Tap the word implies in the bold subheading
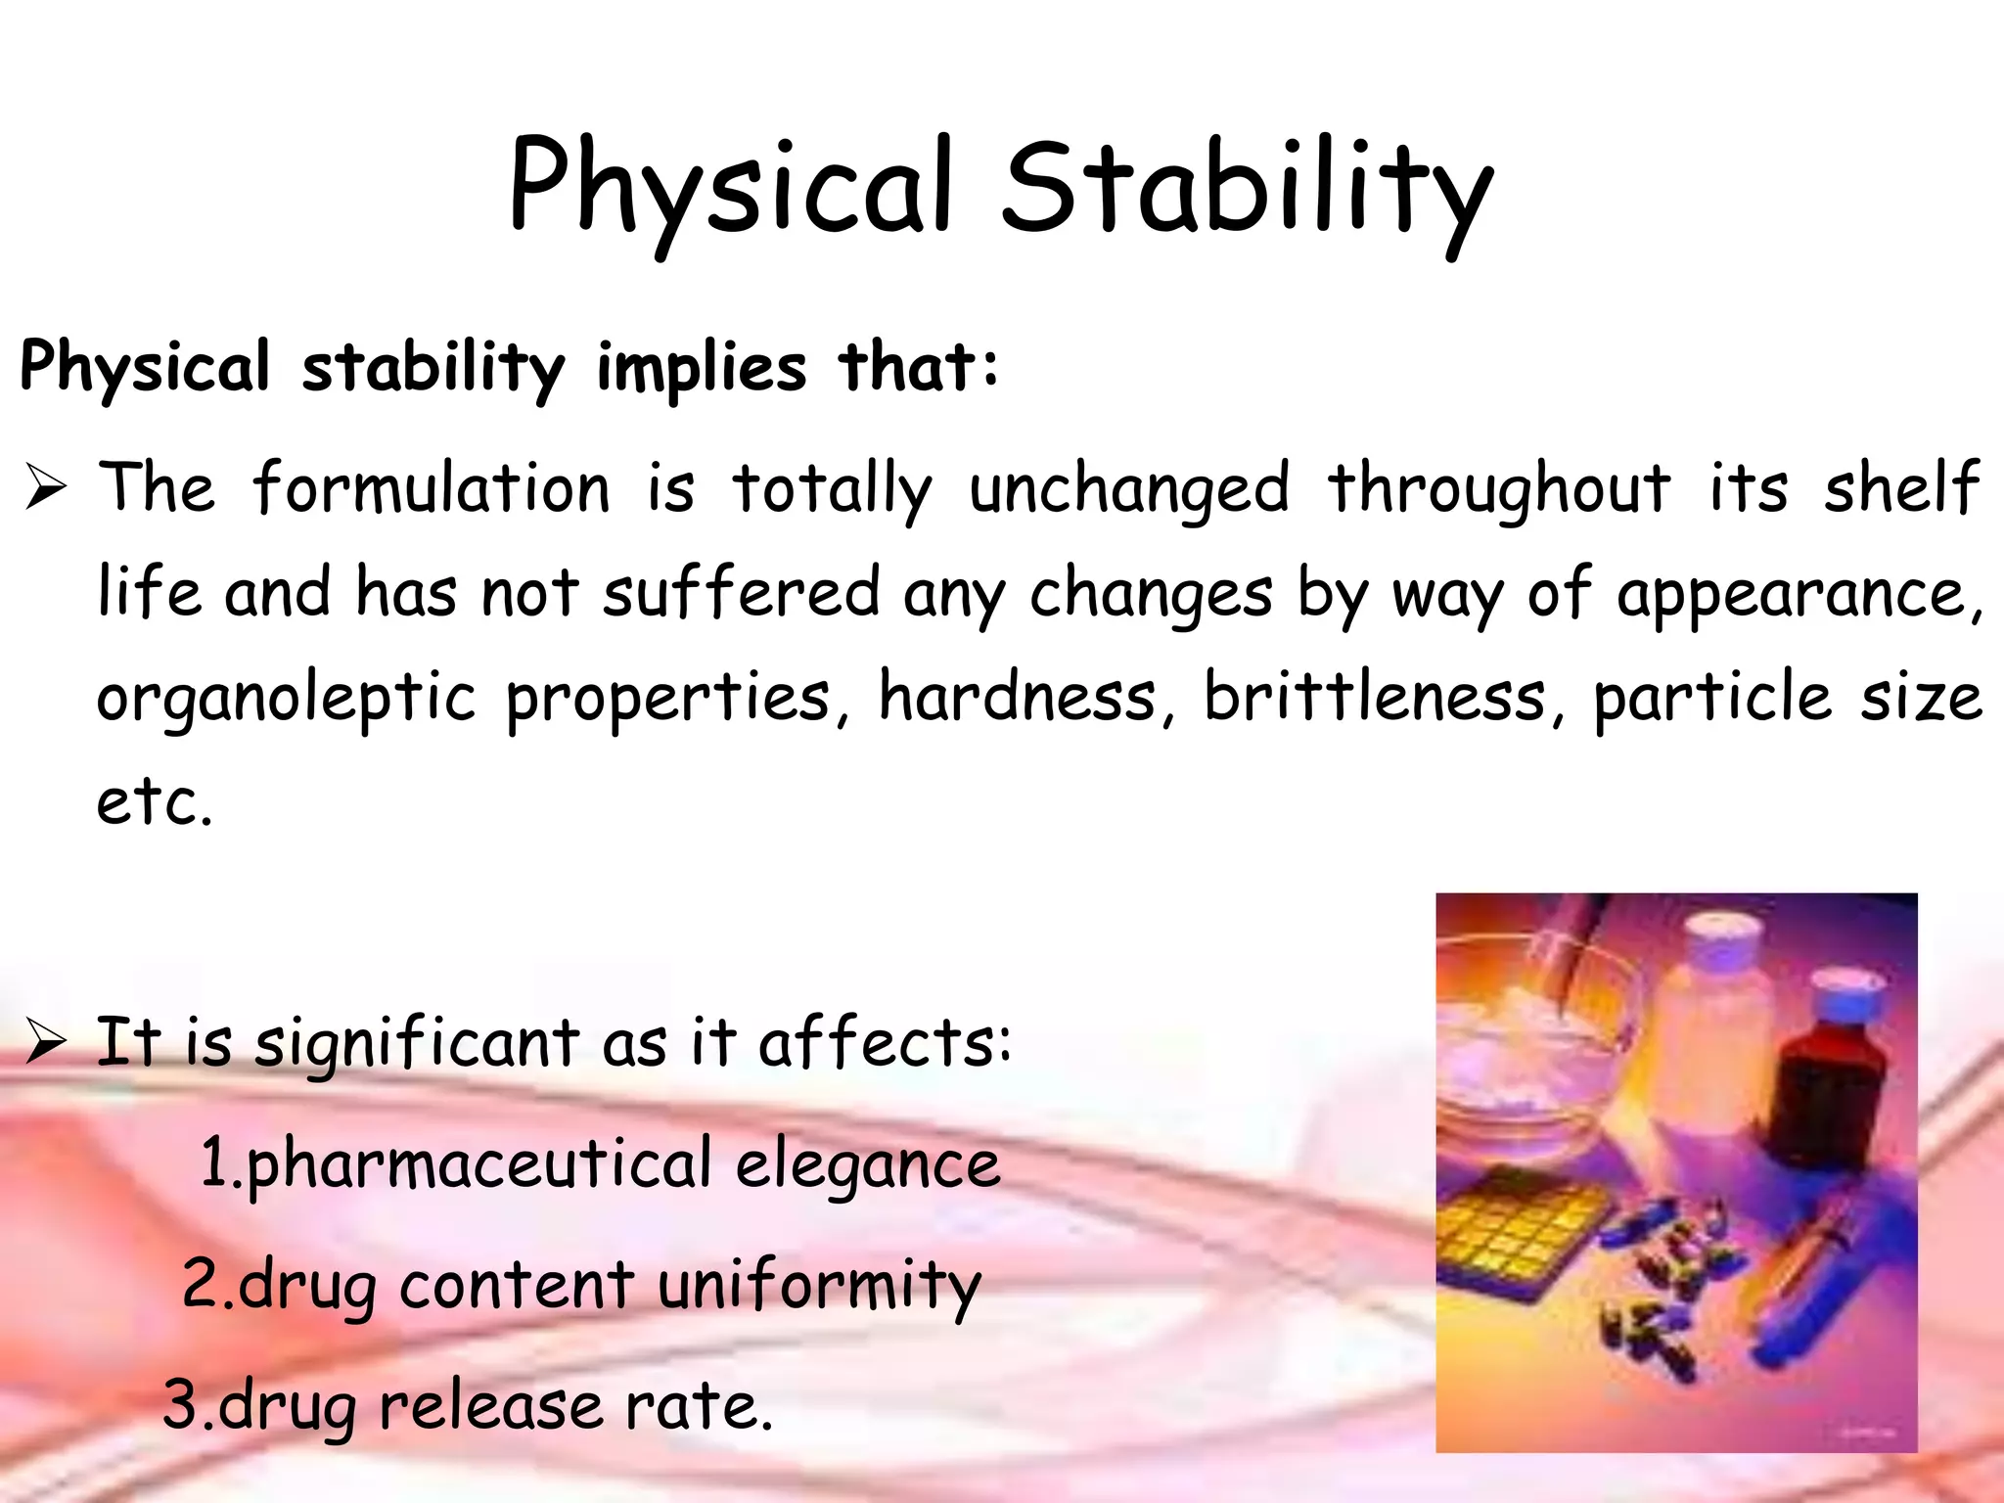(x=702, y=369)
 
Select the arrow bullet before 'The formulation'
(x=45, y=488)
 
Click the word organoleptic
(x=286, y=699)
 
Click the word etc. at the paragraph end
(x=154, y=802)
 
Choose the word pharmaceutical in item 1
(x=478, y=1164)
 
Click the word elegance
(x=867, y=1164)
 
